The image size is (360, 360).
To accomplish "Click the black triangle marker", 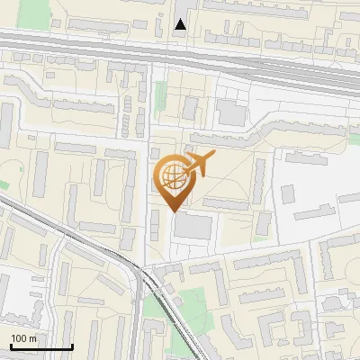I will click(181, 24).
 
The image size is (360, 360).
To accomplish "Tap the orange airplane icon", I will click(199, 165).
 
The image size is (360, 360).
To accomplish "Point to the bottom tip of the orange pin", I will click(172, 211).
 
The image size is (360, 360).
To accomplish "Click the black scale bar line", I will click(41, 346).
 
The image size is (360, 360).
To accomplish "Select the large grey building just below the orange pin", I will click(192, 226).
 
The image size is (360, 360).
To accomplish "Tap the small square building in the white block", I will click(289, 193).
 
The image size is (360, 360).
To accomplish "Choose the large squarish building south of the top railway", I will click(231, 112).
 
